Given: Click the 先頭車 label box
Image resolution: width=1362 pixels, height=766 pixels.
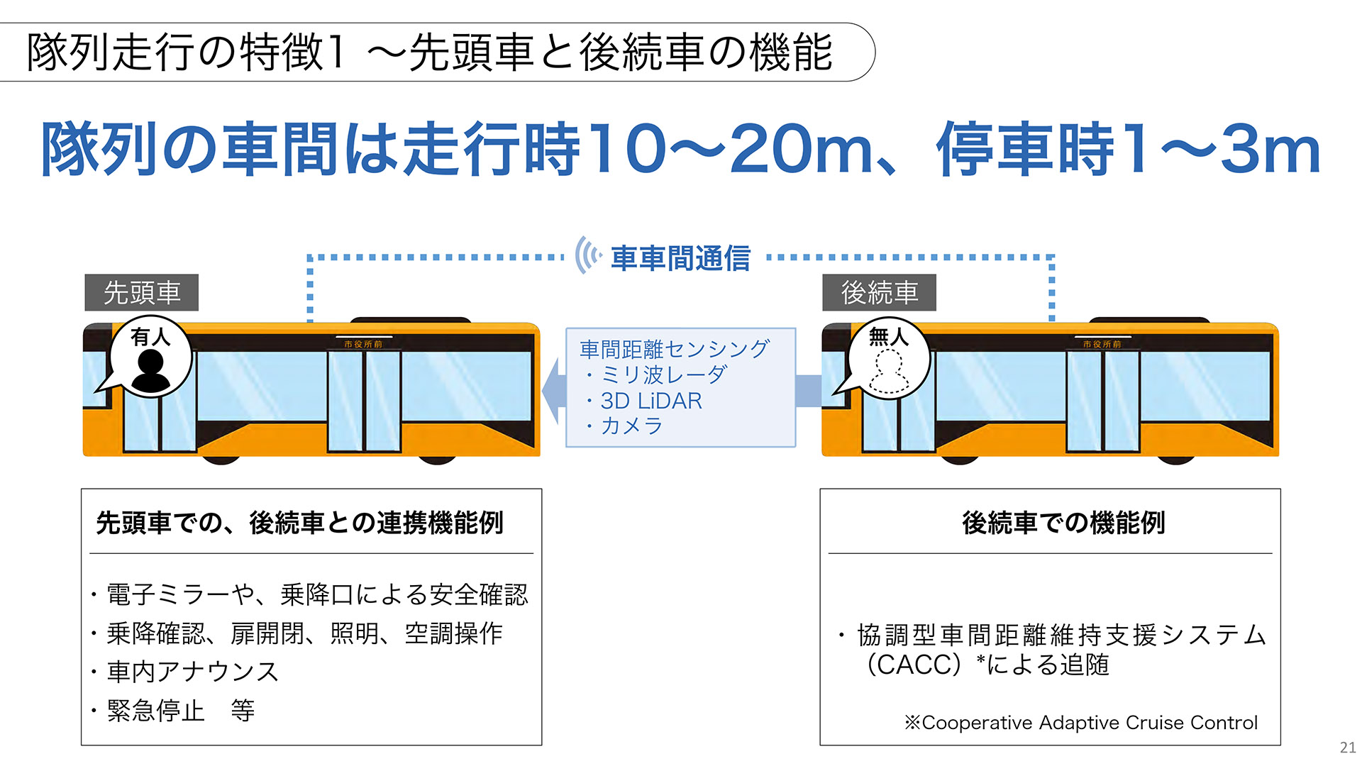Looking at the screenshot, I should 142,292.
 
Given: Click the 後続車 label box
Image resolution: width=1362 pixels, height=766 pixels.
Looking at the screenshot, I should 879,292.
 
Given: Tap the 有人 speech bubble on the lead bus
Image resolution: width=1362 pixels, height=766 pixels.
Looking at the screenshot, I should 150,357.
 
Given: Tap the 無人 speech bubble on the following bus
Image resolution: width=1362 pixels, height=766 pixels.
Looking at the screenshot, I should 888,359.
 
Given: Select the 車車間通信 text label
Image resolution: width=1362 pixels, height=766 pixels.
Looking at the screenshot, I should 680,258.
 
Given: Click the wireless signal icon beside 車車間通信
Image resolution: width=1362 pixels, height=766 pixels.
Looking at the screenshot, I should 587,255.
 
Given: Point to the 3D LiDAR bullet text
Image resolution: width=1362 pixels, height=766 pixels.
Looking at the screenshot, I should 650,401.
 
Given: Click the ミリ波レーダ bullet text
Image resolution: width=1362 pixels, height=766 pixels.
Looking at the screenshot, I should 663,374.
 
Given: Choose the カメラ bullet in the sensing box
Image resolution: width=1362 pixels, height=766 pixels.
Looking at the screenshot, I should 631,426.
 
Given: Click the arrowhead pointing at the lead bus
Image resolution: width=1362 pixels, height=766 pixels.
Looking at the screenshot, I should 553,391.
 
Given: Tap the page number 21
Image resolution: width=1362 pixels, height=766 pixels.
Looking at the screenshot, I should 1348,748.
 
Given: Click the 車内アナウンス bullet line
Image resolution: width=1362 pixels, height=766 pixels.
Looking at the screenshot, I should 192,672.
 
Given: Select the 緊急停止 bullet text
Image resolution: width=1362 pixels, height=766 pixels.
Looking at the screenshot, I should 156,710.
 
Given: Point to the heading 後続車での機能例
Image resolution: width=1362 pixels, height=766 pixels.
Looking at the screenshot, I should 1063,523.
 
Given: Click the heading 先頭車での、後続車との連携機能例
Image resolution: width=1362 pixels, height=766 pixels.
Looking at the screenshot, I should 299,523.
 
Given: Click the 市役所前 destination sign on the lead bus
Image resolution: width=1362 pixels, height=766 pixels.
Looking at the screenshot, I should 363,344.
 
